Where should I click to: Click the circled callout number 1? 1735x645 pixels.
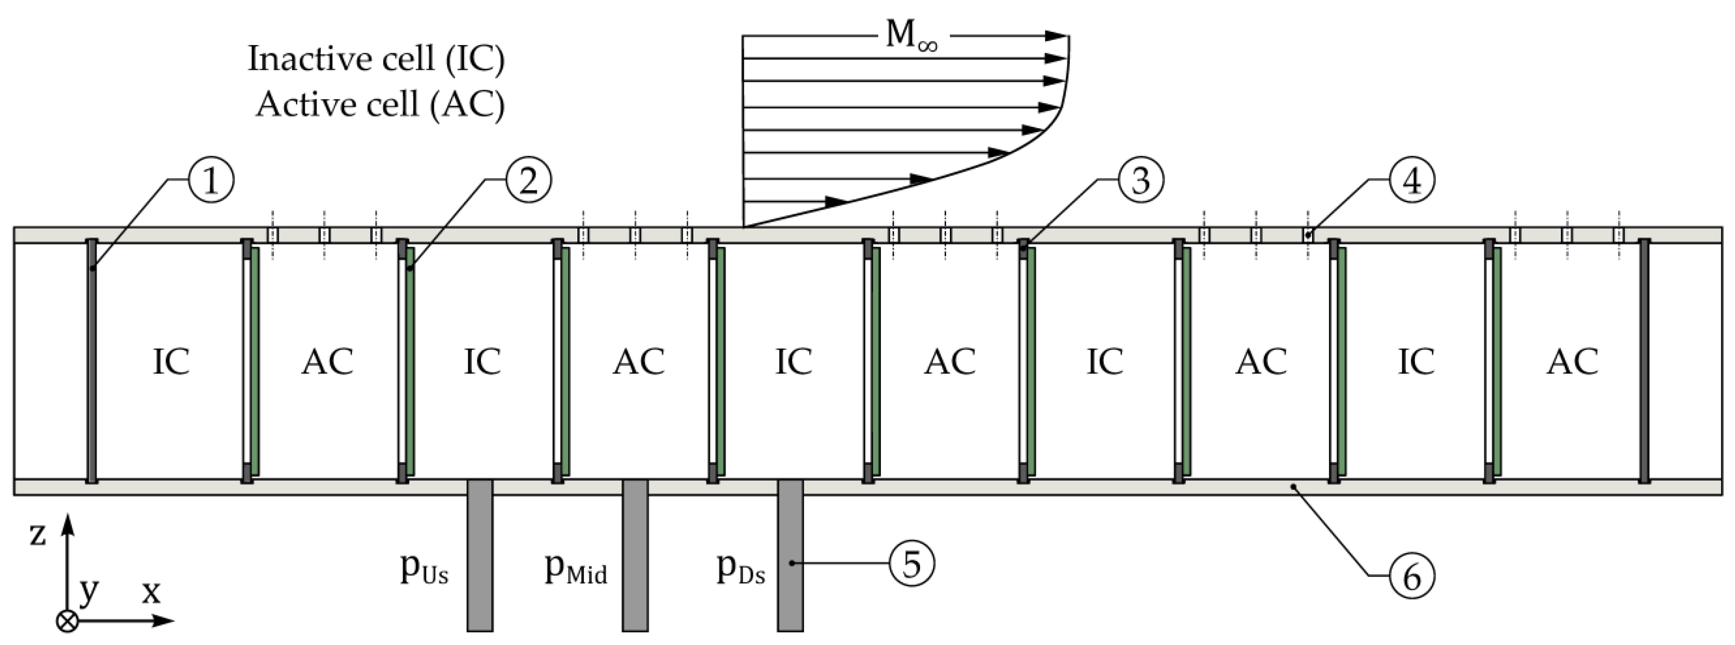tap(211, 180)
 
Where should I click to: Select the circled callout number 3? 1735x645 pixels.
tap(1140, 180)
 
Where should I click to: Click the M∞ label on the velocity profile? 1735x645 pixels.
tap(911, 35)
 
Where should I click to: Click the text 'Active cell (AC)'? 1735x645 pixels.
tap(380, 105)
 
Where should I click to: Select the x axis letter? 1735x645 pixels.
tap(151, 592)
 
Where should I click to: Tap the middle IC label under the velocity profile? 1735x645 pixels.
tap(793, 362)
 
